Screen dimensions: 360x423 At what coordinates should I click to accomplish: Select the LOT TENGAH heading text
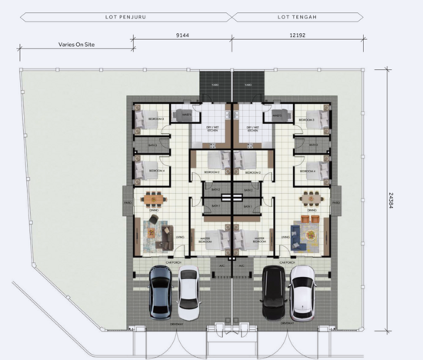pos(296,15)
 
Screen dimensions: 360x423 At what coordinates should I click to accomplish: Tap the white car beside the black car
pos(302,293)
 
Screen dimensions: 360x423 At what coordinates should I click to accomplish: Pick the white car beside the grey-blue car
pos(189,293)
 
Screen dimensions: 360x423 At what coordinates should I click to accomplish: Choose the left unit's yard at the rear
pos(209,83)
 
